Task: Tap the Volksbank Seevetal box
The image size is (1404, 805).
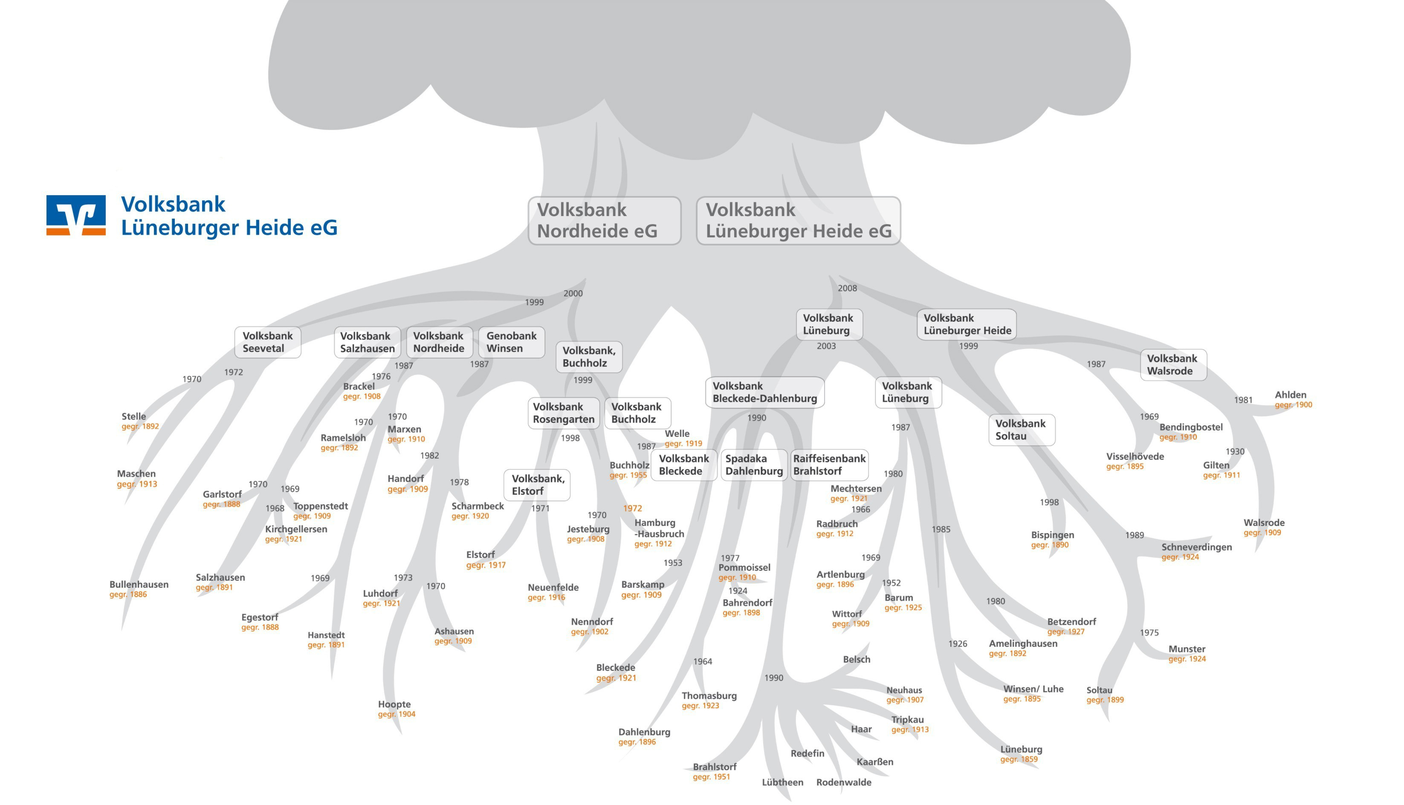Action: [268, 342]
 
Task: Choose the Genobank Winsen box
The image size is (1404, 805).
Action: [512, 342]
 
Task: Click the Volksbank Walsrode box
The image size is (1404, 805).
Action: [1173, 364]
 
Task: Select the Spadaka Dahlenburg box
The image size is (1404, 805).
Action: [754, 465]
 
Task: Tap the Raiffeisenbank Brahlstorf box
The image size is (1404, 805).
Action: [829, 465]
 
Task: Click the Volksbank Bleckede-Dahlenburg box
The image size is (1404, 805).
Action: [765, 392]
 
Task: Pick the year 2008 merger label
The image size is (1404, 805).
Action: [847, 288]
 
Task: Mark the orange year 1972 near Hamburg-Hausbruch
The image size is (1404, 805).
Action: [633, 508]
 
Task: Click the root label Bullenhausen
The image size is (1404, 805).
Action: [139, 584]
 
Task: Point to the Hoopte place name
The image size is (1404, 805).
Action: [394, 704]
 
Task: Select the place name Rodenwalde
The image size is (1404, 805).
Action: [843, 782]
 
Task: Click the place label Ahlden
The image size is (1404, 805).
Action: [1290, 395]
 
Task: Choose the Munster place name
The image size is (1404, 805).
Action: [1187, 649]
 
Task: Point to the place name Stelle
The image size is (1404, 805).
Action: [134, 416]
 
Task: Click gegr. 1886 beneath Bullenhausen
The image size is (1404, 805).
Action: [128, 595]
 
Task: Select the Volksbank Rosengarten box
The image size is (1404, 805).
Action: [564, 413]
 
